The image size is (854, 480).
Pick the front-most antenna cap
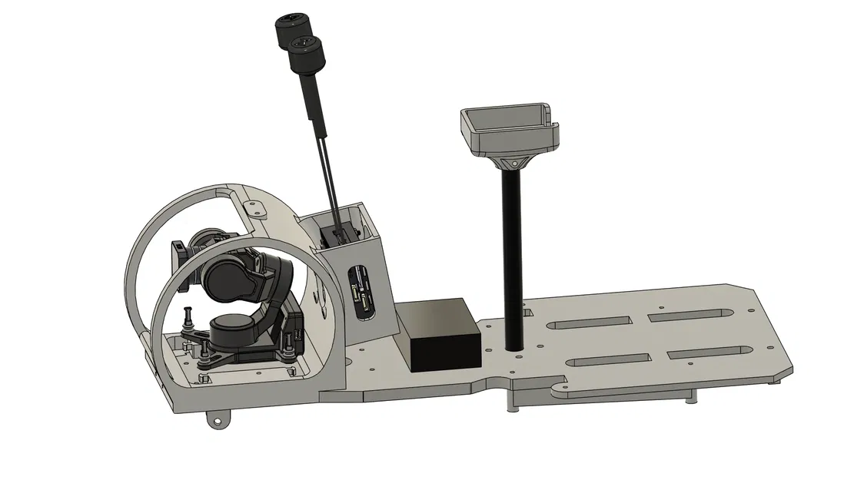[x=305, y=55]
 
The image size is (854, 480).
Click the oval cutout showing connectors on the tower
[x=361, y=292]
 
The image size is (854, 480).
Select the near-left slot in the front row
[x=609, y=361]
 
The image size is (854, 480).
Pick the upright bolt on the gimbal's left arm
[x=186, y=316]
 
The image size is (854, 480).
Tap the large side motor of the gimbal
[x=231, y=275]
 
